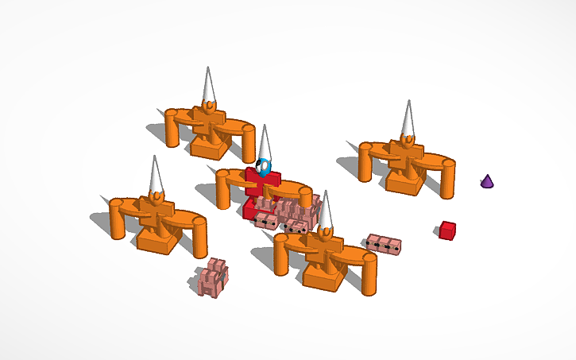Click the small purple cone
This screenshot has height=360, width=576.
coord(487,181)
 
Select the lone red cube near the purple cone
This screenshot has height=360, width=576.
coord(447,230)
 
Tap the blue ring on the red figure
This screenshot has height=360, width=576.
coord(265,168)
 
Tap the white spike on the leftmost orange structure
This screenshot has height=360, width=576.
coord(155,174)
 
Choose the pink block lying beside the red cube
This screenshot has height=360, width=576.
coord(384,243)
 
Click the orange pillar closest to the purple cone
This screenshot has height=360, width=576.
coord(448,180)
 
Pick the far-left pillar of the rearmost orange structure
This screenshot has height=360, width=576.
coord(172,129)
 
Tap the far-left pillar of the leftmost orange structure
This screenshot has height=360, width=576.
coord(118,220)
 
